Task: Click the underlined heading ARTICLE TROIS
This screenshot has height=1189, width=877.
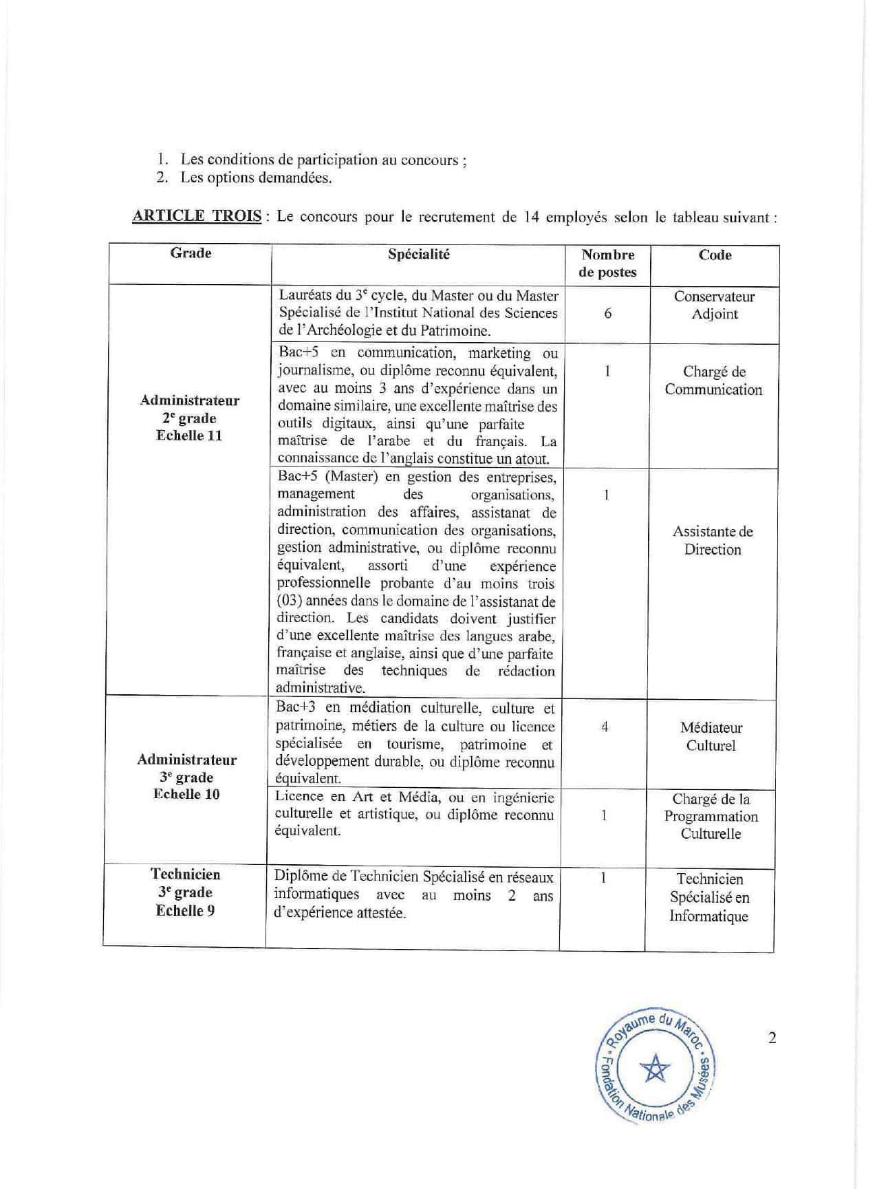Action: coord(196,216)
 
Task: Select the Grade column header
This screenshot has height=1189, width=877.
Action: coord(191,253)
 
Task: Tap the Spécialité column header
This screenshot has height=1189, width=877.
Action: coord(418,255)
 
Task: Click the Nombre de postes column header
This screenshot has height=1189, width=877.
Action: coord(607,264)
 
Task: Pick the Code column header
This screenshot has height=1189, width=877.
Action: coord(715,255)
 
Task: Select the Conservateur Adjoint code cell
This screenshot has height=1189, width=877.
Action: coord(715,306)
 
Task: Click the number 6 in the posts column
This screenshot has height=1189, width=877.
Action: coord(608,314)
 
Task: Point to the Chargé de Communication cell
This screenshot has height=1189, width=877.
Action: coord(714,381)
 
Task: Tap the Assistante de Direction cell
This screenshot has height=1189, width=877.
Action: coord(713,540)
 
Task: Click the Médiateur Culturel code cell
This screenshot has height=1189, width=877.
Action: coord(711,736)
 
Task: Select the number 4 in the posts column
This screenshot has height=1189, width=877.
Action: coord(605,727)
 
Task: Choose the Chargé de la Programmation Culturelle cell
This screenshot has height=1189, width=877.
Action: coord(711,816)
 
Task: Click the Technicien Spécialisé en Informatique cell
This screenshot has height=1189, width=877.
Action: coord(709,897)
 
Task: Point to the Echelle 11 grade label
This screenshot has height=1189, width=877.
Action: coord(189,436)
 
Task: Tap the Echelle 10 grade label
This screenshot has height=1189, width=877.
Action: coord(186,794)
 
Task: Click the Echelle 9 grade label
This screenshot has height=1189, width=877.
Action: coord(185,910)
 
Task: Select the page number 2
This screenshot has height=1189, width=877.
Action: coord(772,1038)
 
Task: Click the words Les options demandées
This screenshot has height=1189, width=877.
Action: coord(256,178)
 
